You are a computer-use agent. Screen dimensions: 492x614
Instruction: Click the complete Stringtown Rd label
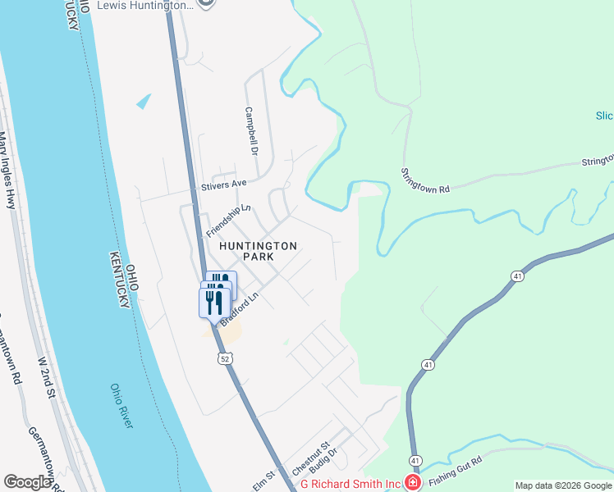pos(425,180)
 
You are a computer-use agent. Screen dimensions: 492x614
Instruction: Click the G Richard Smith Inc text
pos(350,484)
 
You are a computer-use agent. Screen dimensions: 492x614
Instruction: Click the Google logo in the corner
pos(28,481)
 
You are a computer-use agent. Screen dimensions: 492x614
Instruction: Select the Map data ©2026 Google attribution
pos(563,485)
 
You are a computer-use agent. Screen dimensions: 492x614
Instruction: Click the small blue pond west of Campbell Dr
pos(144,101)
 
